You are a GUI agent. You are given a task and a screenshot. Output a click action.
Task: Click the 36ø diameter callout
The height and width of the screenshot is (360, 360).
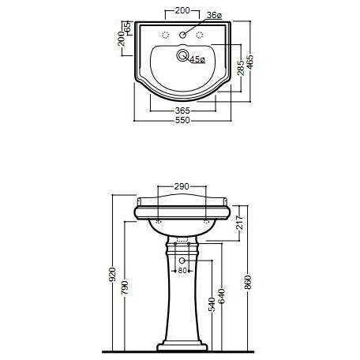(x=214, y=15)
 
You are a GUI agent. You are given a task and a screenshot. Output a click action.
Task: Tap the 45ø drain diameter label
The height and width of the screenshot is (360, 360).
(x=197, y=60)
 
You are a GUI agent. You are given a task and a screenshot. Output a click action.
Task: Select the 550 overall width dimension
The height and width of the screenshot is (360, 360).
(x=182, y=120)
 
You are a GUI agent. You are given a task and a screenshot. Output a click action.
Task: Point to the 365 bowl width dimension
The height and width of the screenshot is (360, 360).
(x=182, y=111)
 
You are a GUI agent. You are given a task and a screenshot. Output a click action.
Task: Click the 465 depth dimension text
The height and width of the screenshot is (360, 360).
(x=250, y=62)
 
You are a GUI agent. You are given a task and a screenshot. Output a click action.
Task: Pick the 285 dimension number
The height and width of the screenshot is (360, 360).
(x=241, y=68)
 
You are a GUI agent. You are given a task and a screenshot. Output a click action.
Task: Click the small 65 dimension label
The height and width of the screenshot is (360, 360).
(x=127, y=27)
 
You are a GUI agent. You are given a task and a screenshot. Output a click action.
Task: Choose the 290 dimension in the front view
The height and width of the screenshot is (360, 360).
(x=182, y=186)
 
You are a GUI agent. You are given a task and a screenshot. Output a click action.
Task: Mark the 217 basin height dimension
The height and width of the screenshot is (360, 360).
(x=239, y=223)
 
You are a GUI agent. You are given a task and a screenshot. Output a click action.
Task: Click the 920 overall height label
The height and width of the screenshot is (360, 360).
(x=112, y=275)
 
